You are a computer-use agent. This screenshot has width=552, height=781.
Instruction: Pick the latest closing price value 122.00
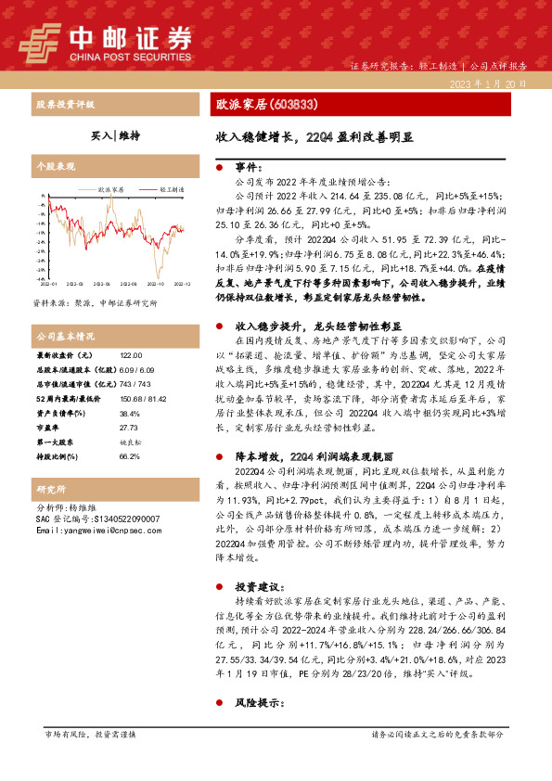132,355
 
